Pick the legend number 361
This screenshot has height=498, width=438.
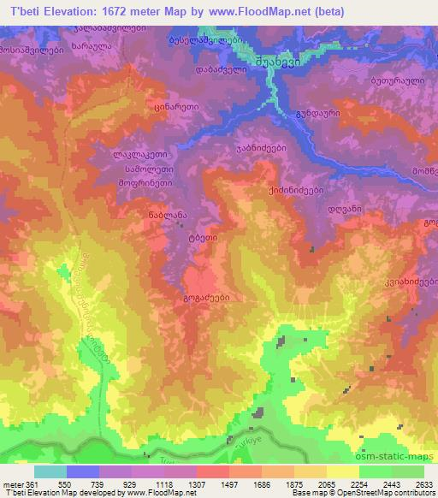coord(31,483)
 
